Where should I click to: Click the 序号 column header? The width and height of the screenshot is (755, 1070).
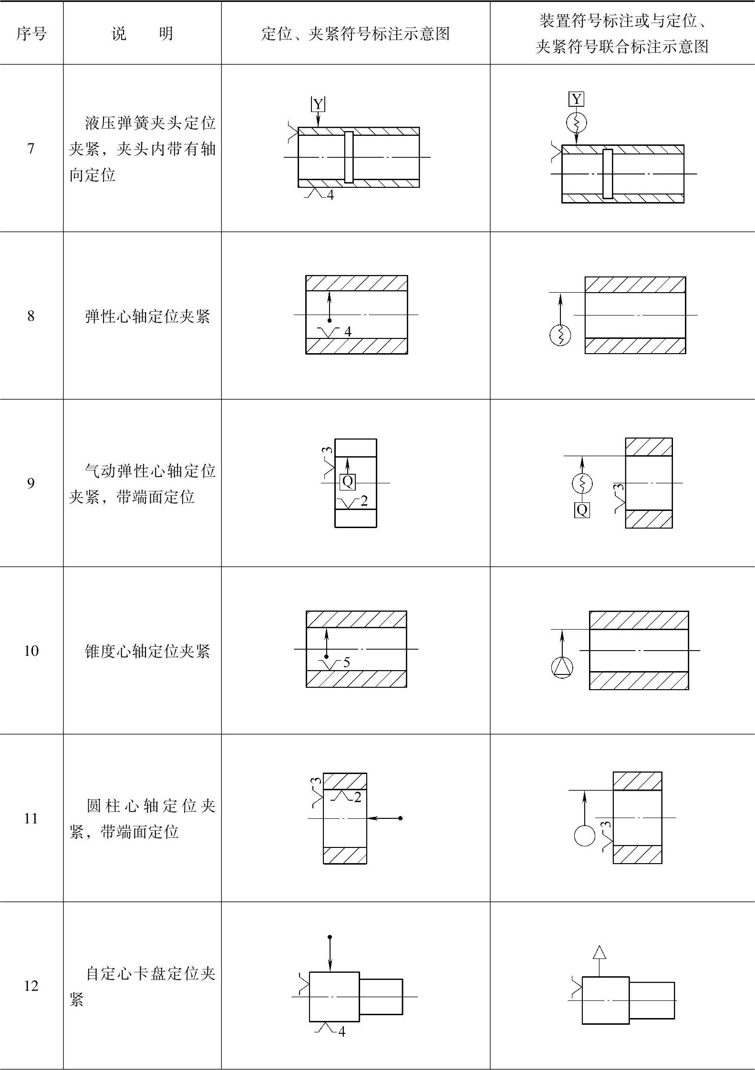tap(31, 34)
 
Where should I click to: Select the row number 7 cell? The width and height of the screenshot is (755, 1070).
tap(31, 149)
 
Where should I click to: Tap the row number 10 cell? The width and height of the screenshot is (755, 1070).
tap(31, 651)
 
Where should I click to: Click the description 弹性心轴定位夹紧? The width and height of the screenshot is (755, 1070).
tap(147, 316)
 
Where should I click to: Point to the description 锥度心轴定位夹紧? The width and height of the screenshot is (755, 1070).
tap(147, 651)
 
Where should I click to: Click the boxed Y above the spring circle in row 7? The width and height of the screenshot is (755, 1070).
tap(577, 99)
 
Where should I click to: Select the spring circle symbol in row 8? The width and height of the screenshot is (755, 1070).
tap(560, 335)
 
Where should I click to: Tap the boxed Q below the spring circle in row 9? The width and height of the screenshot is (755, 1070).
tap(582, 510)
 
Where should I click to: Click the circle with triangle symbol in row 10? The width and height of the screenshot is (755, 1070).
tap(562, 667)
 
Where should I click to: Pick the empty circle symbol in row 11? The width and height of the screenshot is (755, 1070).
tap(585, 836)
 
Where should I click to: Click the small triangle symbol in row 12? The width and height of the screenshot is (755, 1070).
tap(600, 952)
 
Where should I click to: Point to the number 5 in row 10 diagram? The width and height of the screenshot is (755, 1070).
tap(347, 662)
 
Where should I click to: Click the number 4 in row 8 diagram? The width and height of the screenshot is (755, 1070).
tap(348, 332)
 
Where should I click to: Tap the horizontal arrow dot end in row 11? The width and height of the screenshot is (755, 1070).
tap(400, 818)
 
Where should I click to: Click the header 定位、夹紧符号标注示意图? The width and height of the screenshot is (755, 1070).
tap(355, 34)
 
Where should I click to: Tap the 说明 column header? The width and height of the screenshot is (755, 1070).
tap(142, 34)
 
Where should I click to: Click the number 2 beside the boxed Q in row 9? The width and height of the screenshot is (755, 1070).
tap(364, 501)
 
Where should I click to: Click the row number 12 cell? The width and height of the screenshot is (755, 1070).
tap(31, 986)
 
